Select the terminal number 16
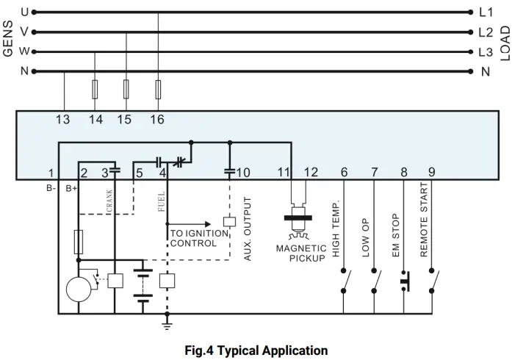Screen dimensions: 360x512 tap(156, 120)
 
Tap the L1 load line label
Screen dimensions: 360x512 tap(486, 12)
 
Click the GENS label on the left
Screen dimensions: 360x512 tap(8, 41)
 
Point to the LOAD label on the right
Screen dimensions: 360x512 tap(505, 42)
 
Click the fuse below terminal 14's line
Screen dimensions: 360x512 tap(95, 90)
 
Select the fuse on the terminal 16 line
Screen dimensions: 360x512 tap(158, 90)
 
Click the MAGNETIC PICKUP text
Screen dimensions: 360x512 tap(301, 253)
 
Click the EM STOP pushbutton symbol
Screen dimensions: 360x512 tap(403, 281)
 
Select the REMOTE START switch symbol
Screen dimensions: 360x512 tap(436, 281)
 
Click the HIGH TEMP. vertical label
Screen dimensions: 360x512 tap(336, 228)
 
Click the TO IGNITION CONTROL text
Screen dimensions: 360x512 tap(193, 238)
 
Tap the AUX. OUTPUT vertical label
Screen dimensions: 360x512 tap(248, 228)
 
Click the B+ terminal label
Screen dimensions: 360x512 tap(71, 189)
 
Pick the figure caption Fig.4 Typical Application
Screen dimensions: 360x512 tap(256, 350)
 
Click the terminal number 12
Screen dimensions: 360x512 tap(311, 173)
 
